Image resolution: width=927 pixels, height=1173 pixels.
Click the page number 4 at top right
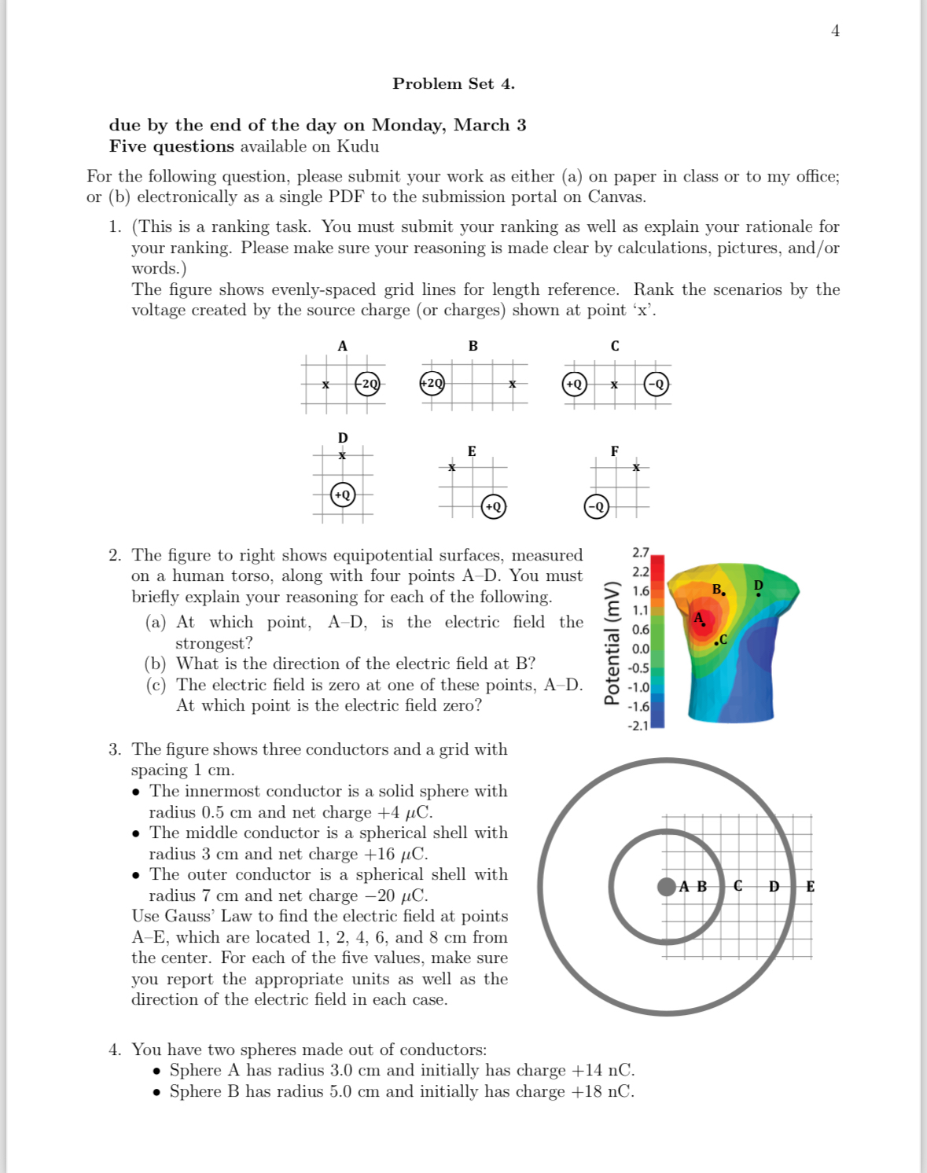pyautogui.click(x=835, y=31)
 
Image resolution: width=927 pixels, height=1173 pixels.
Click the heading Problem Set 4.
pyautogui.click(x=454, y=84)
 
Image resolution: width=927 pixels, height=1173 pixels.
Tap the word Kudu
pyautogui.click(x=358, y=146)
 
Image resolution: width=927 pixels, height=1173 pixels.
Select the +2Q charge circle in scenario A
pyautogui.click(x=368, y=384)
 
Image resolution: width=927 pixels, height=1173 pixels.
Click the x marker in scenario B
pyautogui.click(x=512, y=384)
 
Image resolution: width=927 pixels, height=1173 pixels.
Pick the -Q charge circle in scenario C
pyautogui.click(x=656, y=384)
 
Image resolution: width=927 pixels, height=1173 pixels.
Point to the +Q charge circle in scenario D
pyautogui.click(x=343, y=495)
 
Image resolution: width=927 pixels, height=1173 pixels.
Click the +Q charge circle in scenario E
pyautogui.click(x=493, y=506)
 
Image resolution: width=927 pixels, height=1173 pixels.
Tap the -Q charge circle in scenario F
pyautogui.click(x=597, y=506)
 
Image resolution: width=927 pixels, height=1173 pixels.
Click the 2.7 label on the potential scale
pyautogui.click(x=640, y=553)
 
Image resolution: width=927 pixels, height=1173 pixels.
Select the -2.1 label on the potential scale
pyautogui.click(x=638, y=726)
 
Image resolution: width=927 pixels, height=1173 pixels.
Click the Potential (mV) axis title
pyautogui.click(x=611, y=643)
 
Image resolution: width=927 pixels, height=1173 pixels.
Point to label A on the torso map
pyautogui.click(x=698, y=618)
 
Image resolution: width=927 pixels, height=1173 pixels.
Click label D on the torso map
pyautogui.click(x=758, y=586)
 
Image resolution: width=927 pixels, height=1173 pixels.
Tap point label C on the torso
pyautogui.click(x=723, y=640)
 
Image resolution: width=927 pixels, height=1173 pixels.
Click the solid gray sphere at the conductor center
pyautogui.click(x=666, y=887)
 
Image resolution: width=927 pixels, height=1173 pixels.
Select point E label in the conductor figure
pyautogui.click(x=810, y=887)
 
